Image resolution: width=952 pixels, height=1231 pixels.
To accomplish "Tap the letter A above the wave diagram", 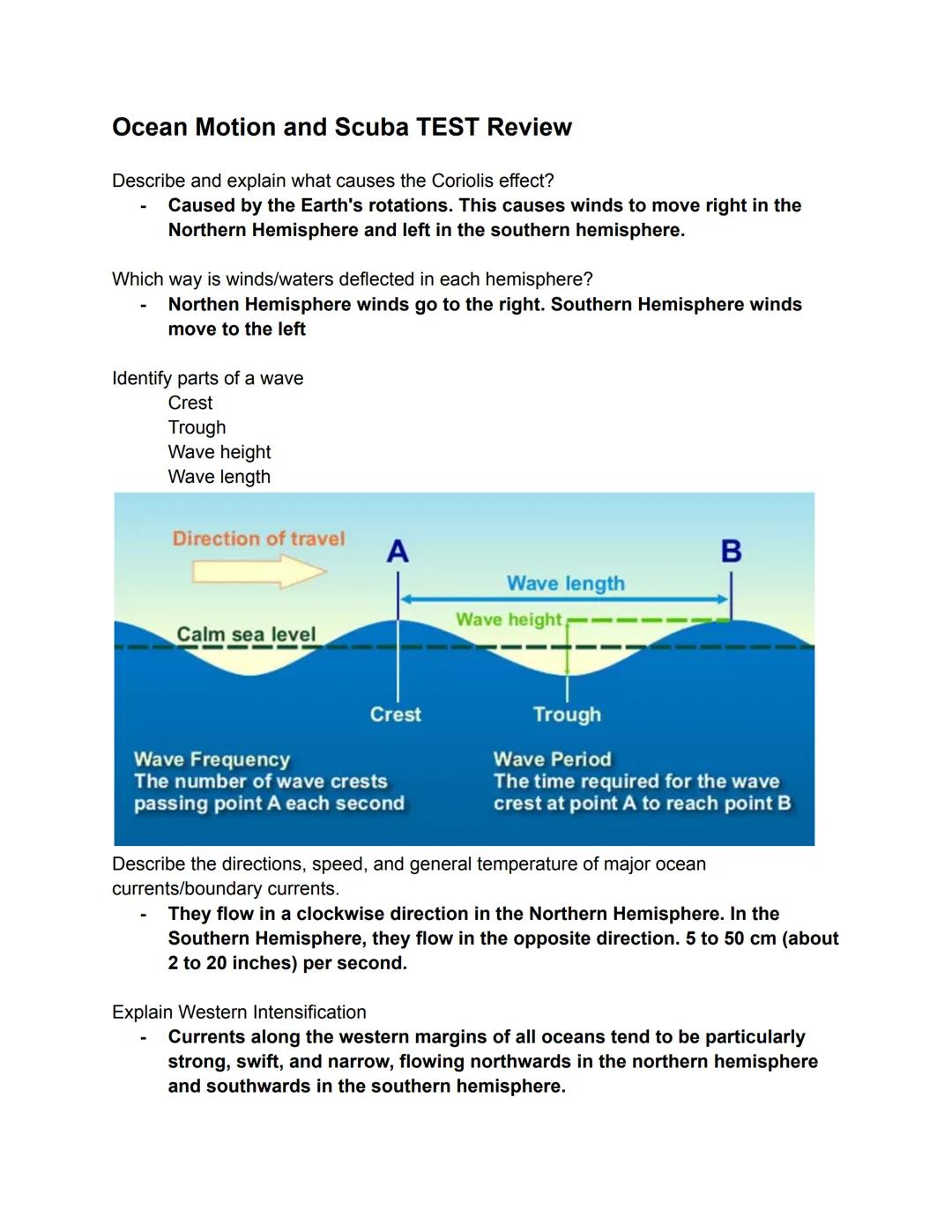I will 398,552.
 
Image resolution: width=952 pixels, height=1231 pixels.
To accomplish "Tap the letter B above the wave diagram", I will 731,552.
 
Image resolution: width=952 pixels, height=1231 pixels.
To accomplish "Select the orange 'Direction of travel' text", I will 258,538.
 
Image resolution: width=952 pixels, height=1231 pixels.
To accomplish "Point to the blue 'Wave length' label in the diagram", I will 565,583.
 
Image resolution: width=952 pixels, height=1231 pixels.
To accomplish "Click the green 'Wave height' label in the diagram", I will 508,619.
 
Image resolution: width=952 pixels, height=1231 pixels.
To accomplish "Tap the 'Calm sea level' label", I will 246,634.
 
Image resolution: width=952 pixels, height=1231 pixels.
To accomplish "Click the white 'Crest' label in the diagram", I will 395,715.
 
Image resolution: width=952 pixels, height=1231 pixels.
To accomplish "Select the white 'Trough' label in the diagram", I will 567,715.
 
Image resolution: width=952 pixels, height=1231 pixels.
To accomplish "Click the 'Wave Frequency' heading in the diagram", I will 212,760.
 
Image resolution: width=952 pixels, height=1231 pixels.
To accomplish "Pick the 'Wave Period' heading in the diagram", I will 552,760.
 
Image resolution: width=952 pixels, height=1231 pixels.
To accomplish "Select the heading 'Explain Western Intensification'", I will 239,1012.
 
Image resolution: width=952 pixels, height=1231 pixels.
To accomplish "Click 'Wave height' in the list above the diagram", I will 219,452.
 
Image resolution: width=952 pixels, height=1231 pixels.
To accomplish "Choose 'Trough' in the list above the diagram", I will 197,427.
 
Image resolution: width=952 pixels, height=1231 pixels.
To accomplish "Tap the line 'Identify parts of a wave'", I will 207,378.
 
